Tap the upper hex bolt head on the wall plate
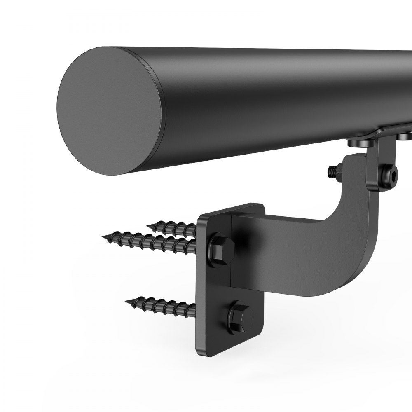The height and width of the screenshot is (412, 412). (x=222, y=247)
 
